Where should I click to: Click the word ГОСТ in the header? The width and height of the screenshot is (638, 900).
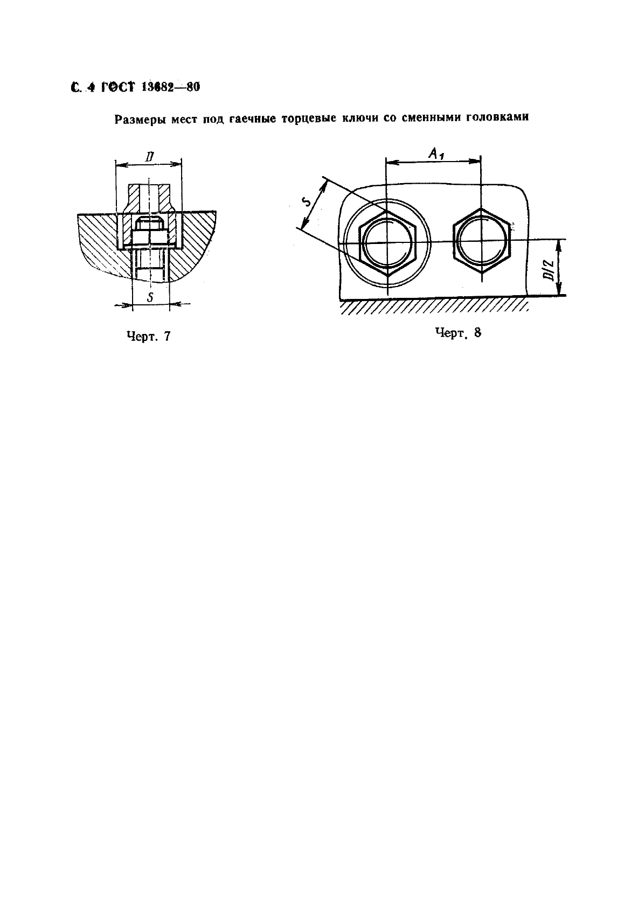pyautogui.click(x=117, y=87)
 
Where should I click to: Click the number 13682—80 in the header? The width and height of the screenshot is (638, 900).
pyautogui.click(x=170, y=87)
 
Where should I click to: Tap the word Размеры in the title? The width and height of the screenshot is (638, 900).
pyautogui.click(x=140, y=120)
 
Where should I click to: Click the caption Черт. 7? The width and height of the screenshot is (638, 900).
pyautogui.click(x=149, y=336)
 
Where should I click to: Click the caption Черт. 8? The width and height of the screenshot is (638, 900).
pyautogui.click(x=458, y=333)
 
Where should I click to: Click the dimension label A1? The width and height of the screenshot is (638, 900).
pyautogui.click(x=436, y=154)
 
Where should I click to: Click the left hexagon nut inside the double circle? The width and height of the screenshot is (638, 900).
pyautogui.click(x=388, y=243)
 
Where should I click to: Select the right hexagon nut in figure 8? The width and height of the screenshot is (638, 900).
pyautogui.click(x=482, y=241)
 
